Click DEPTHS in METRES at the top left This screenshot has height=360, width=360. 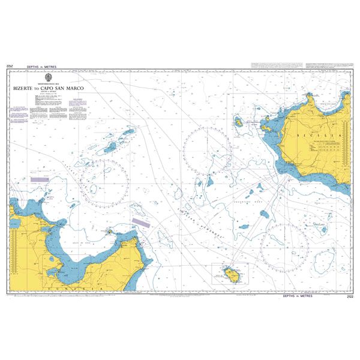40,65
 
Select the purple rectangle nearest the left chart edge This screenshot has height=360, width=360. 40,179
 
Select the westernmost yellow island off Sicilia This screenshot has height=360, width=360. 238,122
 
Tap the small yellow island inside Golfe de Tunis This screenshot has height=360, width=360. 109,230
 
